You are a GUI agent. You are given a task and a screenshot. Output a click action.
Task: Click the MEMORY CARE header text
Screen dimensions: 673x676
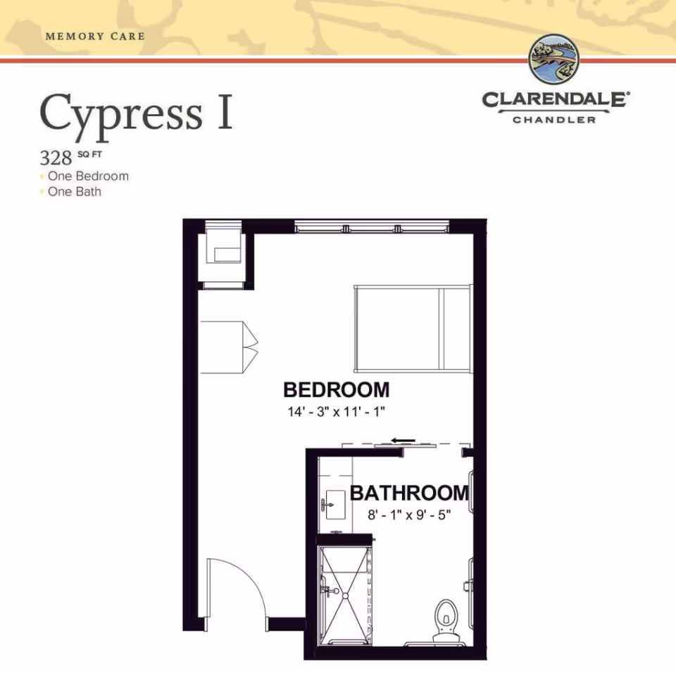click(x=94, y=36)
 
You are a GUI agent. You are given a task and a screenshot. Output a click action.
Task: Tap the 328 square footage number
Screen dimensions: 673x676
click(x=56, y=156)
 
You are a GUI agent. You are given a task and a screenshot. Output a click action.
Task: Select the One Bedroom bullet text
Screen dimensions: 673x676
click(x=88, y=176)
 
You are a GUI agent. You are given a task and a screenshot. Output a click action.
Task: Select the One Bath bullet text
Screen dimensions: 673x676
click(x=74, y=192)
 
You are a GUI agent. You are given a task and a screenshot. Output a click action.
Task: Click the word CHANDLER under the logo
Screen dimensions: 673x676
click(x=554, y=120)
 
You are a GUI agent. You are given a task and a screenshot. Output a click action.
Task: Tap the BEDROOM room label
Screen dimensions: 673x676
click(x=336, y=390)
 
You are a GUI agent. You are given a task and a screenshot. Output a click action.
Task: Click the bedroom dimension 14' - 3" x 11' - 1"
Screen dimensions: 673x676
click(x=336, y=412)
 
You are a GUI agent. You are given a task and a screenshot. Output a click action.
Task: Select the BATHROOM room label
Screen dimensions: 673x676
click(x=409, y=493)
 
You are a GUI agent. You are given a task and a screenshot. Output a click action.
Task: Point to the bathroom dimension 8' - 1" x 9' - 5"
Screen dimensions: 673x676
click(x=409, y=514)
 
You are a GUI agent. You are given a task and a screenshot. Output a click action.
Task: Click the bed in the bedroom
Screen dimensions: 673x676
click(x=413, y=328)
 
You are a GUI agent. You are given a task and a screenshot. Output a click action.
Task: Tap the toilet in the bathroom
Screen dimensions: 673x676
click(x=446, y=618)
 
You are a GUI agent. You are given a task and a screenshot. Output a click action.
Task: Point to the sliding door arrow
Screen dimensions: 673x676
click(x=403, y=441)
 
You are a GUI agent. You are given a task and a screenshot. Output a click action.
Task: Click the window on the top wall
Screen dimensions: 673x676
click(x=371, y=227)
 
